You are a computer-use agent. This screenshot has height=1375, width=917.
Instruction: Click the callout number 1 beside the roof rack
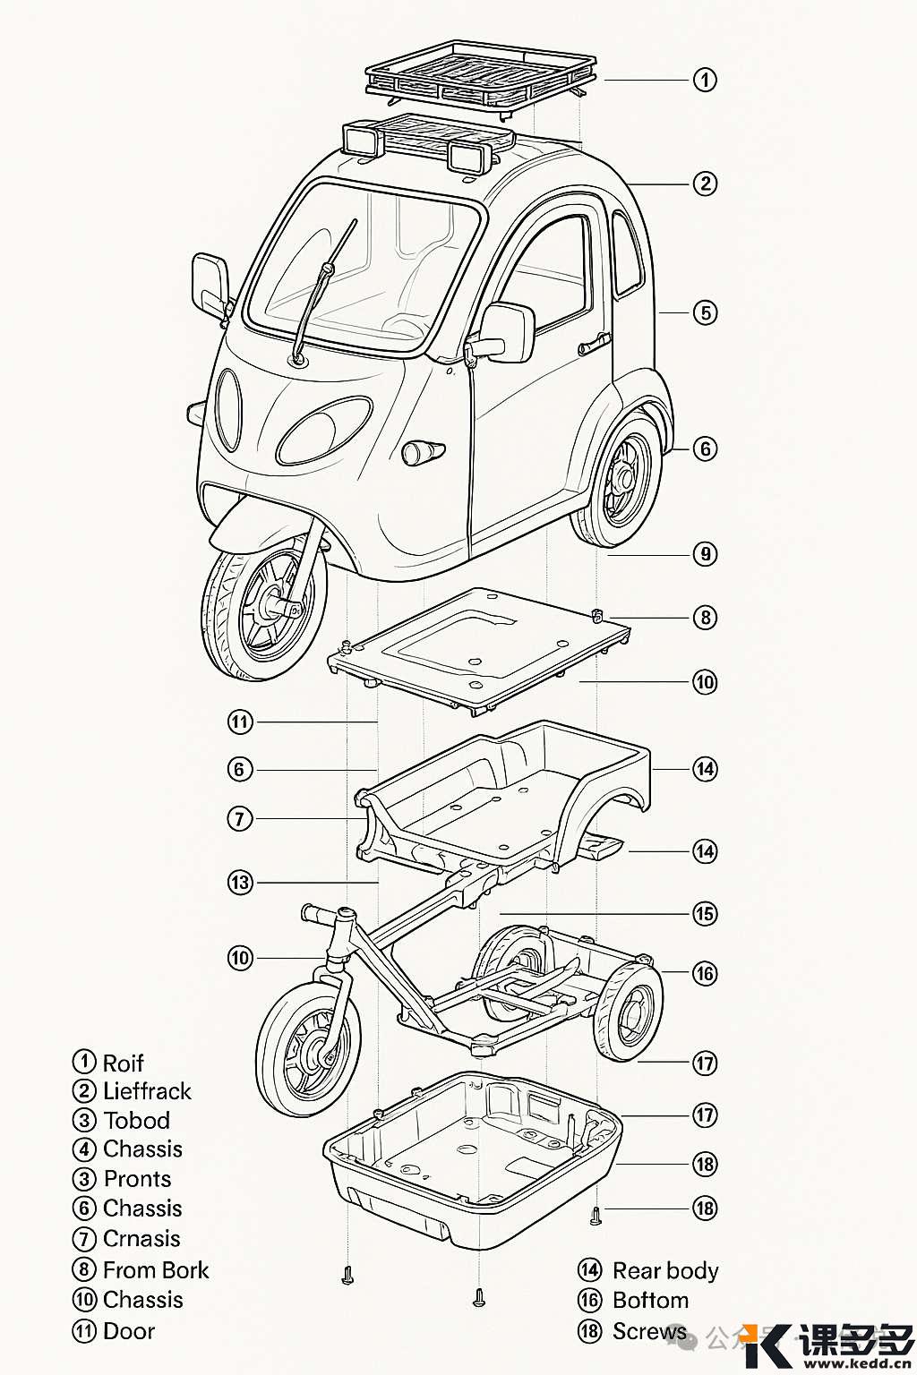[705, 80]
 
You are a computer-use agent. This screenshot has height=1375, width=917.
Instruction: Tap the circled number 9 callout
[705, 554]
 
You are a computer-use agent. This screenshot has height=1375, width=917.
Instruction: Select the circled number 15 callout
[705, 914]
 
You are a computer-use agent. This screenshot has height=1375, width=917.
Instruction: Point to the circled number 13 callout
[240, 883]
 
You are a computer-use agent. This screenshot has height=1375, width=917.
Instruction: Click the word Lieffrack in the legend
[147, 1091]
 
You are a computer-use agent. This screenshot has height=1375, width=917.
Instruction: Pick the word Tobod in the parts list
[137, 1121]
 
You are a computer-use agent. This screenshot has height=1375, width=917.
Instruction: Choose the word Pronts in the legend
[137, 1179]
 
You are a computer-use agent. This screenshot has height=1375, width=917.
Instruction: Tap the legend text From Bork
[156, 1270]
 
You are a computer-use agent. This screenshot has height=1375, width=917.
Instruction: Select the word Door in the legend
[129, 1331]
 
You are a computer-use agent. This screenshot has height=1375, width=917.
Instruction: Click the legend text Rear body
[665, 1271]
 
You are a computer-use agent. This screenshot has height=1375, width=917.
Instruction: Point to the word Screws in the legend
[649, 1332]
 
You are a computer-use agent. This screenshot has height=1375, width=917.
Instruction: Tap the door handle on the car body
[595, 342]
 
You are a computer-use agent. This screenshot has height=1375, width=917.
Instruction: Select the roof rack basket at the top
[481, 72]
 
